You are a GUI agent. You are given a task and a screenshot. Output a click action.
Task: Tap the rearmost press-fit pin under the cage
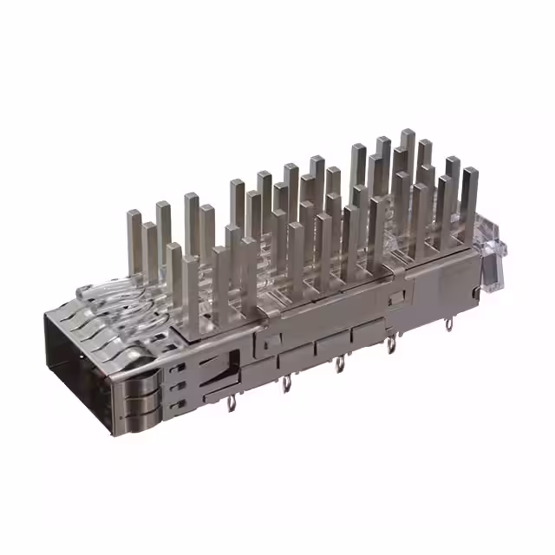point(447,324)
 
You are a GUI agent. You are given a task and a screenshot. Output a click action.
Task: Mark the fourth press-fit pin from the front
point(391,345)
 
